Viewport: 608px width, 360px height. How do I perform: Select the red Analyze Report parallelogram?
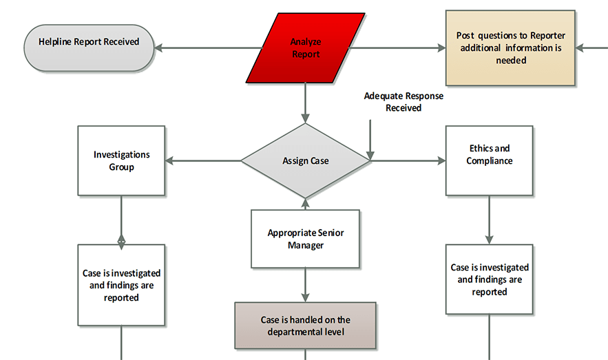pos(306,48)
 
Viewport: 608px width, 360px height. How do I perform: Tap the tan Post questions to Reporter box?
pos(510,48)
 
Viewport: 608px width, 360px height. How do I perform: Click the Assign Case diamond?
pos(305,161)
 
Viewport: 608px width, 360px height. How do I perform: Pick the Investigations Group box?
pos(121,161)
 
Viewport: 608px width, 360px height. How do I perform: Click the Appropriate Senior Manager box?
pos(305,239)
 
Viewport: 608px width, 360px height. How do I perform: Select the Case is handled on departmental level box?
pos(305,326)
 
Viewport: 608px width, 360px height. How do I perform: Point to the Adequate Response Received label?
pos(403,102)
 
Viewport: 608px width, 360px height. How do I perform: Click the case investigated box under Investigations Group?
pos(121,285)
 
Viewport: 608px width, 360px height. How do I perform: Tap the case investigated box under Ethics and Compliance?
pos(489,279)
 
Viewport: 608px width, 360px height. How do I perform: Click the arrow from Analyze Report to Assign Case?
pos(305,103)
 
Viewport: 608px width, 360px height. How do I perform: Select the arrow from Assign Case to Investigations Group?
pos(203,161)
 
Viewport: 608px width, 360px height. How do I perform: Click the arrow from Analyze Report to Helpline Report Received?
pos(207,48)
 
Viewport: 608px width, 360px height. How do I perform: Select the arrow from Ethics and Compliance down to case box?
pos(489,220)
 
